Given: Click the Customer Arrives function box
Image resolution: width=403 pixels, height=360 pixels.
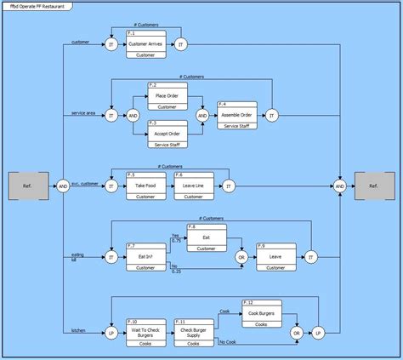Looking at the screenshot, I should [145, 43].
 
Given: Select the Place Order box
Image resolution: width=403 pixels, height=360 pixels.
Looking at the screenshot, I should [167, 96].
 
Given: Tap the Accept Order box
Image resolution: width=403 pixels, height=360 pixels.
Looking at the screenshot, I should [167, 134].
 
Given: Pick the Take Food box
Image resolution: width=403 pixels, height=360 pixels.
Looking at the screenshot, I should [145, 185].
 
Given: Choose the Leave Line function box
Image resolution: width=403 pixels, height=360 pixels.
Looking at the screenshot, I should [194, 185].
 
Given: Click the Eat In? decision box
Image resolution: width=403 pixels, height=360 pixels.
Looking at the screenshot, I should [145, 256].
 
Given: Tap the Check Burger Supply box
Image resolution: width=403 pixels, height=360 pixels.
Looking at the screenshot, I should [194, 332].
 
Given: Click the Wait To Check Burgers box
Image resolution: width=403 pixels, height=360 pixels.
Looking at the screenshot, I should [145, 332].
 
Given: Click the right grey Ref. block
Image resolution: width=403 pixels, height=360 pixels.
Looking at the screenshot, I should [372, 186].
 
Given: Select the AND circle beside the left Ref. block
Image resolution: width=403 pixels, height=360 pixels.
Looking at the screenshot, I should [63, 186].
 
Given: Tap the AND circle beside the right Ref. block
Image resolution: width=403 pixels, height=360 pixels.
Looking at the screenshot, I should [340, 186].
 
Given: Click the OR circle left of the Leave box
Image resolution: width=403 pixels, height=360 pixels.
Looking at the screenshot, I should [241, 256].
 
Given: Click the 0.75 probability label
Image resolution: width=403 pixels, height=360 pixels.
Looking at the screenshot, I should [175, 240].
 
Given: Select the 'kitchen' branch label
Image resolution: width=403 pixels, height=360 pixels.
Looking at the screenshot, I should [78, 329].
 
